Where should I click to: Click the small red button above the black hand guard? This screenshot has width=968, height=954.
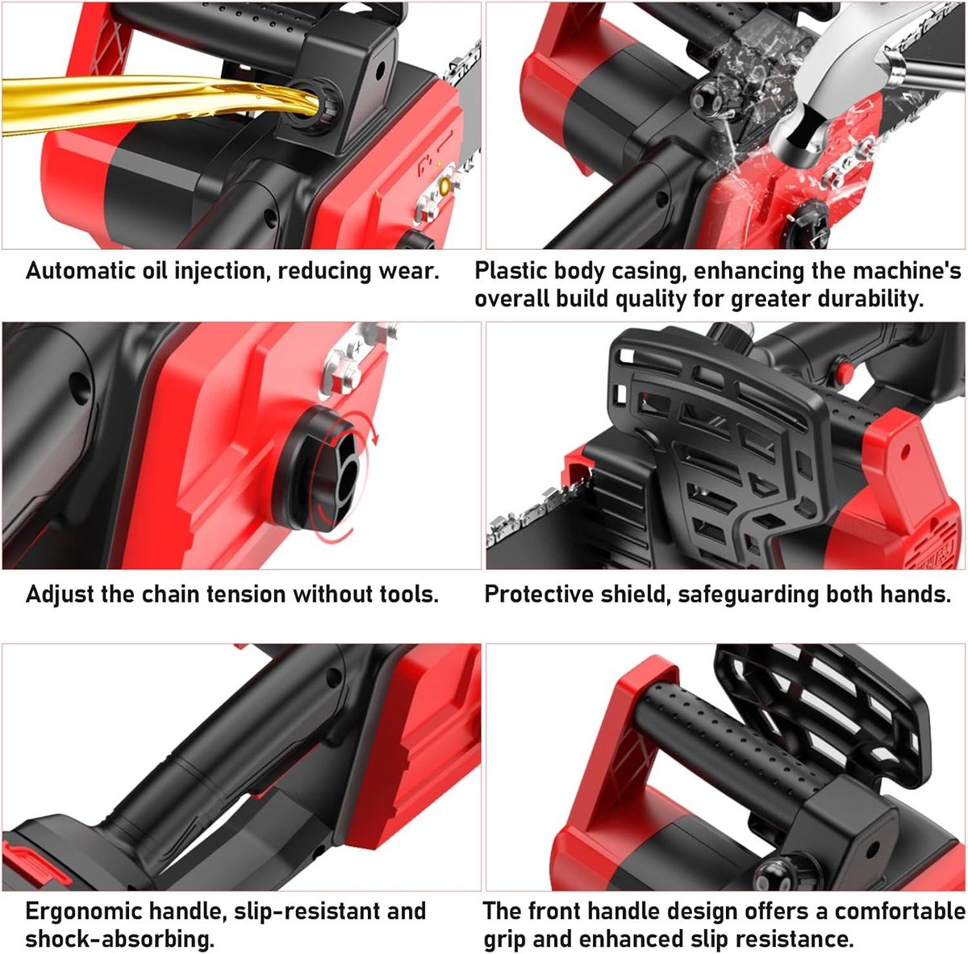point(843,370)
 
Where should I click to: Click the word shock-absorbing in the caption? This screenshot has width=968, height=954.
point(119,939)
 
